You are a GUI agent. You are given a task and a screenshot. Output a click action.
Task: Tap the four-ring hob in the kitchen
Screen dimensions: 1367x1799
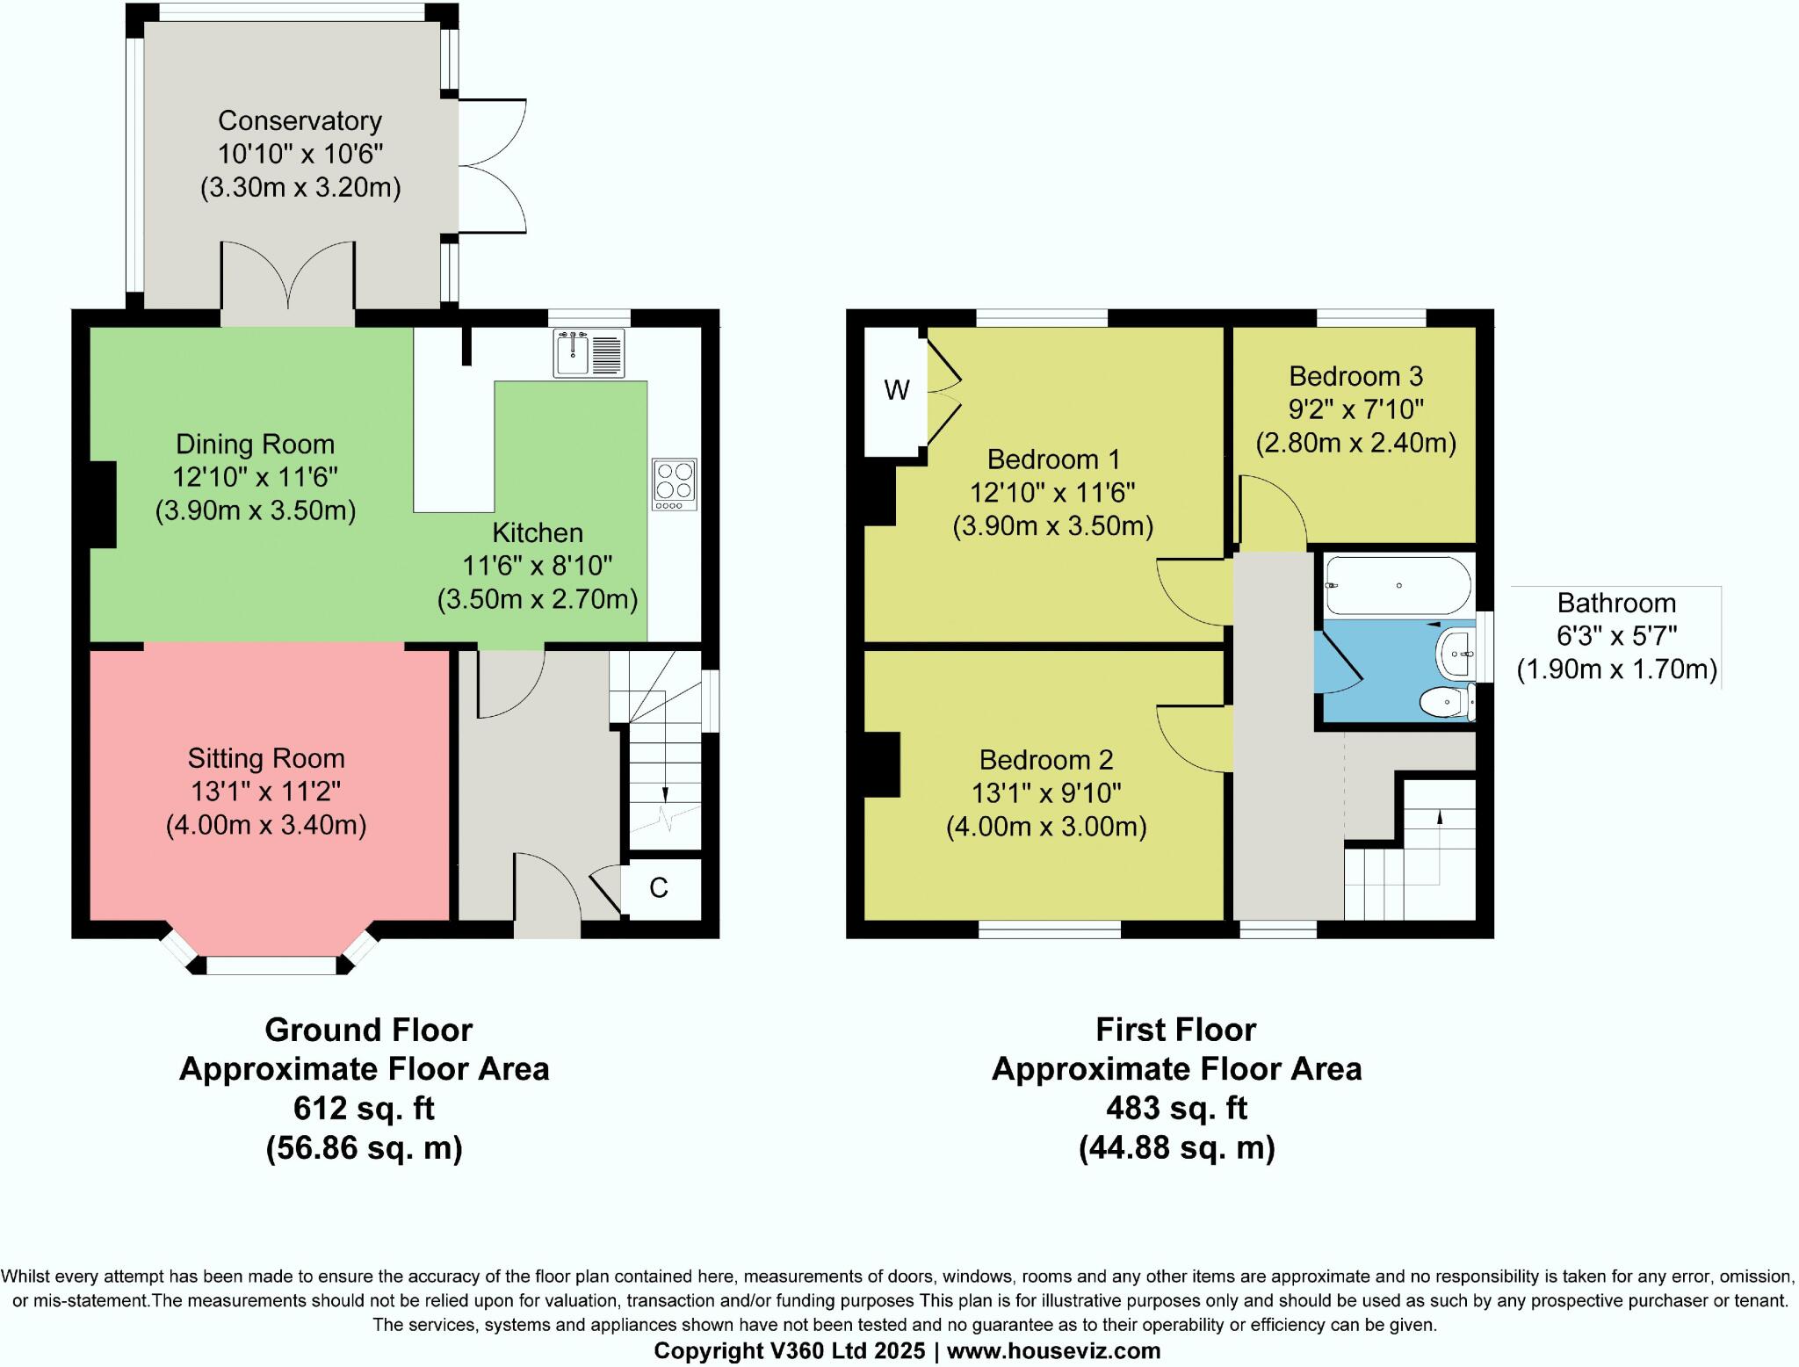(675, 484)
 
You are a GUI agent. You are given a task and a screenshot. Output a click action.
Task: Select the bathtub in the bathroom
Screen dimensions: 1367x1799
(1398, 585)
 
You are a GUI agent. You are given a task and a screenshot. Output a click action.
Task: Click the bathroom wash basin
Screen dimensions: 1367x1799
(1457, 654)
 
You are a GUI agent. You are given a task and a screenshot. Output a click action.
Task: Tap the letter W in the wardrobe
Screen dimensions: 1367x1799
(896, 390)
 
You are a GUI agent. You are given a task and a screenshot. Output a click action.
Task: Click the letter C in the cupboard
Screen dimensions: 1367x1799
(659, 888)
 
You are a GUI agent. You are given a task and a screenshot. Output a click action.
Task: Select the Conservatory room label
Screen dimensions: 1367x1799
(300, 120)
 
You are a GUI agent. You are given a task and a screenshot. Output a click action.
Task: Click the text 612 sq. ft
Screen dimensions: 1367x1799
(364, 1109)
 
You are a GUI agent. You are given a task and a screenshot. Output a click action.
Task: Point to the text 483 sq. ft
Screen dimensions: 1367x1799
(1176, 1109)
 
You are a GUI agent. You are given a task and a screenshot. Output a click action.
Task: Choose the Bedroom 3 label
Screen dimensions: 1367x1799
(1355, 376)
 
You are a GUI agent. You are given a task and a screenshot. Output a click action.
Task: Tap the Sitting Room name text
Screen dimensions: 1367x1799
(266, 758)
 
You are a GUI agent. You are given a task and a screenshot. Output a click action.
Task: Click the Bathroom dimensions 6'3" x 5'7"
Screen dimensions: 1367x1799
(1616, 636)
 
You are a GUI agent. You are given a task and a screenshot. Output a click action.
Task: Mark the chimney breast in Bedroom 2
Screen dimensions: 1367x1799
(882, 764)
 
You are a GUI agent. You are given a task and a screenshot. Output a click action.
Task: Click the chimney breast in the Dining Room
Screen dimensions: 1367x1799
(103, 504)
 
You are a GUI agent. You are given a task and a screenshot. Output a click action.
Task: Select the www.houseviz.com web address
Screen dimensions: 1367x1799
(1053, 1350)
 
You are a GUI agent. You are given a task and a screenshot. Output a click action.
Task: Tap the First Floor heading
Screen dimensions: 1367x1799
(1175, 1030)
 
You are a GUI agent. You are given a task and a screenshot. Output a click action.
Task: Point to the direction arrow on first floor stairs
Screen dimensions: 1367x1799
(1439, 817)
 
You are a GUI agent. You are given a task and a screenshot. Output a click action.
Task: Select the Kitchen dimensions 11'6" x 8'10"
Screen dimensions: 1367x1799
(537, 566)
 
